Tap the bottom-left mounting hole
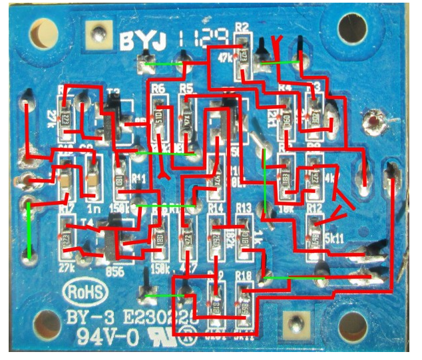click(x=47, y=325)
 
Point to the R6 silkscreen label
click(x=158, y=89)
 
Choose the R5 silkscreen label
click(x=186, y=89)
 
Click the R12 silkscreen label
click(x=314, y=208)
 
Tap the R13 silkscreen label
click(x=243, y=208)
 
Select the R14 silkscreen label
click(x=215, y=208)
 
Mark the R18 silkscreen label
click(x=244, y=275)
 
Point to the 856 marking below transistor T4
click(x=114, y=271)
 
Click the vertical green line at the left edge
click(x=29, y=230)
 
